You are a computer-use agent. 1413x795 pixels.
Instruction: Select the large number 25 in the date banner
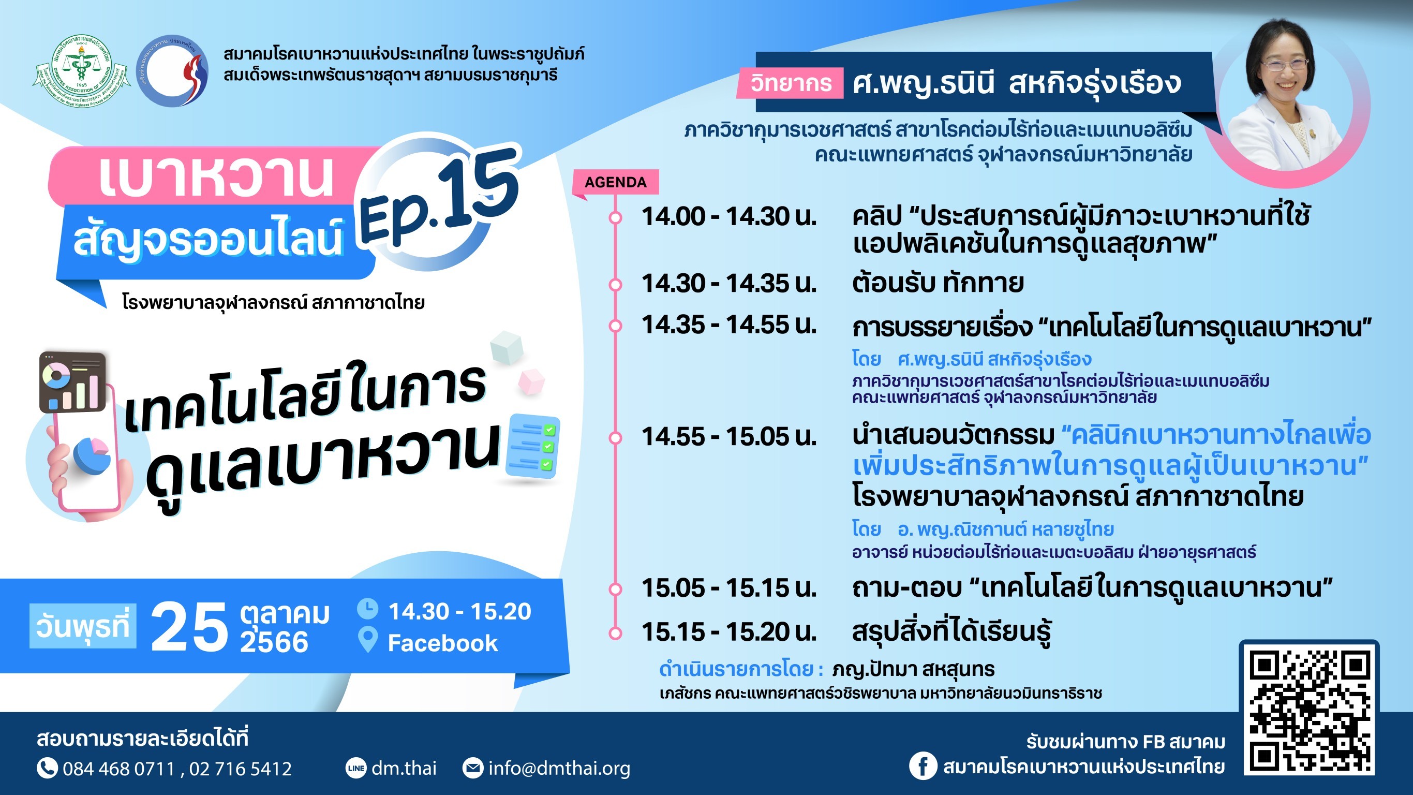189,626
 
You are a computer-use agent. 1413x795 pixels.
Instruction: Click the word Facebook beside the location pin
443,643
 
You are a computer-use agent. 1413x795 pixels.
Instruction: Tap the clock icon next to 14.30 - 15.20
367,609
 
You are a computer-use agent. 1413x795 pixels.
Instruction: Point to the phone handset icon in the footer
47,768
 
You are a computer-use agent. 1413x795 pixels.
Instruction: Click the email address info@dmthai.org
559,768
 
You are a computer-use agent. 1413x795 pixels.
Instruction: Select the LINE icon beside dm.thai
356,768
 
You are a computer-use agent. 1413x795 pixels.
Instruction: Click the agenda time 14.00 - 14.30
729,217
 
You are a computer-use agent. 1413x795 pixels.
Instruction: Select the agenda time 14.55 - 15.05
729,437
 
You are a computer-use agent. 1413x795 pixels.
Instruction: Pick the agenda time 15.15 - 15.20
729,632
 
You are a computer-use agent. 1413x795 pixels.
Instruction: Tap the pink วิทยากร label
791,83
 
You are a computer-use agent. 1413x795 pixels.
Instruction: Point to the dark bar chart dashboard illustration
72,382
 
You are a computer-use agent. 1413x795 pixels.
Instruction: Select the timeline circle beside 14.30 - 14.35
616,285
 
